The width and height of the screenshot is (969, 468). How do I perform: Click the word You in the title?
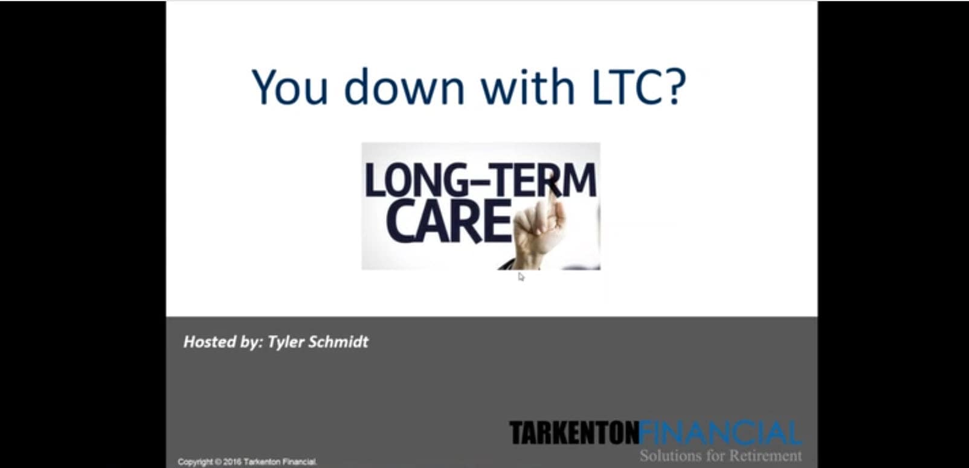coord(289,87)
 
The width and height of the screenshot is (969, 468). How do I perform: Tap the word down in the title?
coord(405,86)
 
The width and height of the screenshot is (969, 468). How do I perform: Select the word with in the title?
coord(528,86)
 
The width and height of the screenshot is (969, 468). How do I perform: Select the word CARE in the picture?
coord(449,221)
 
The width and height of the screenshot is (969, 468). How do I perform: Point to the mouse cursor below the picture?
coord(521,277)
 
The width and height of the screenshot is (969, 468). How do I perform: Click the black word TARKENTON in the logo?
coord(574,433)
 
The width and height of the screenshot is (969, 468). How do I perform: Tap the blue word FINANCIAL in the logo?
coord(720,433)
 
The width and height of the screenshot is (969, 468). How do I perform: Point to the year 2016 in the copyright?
coord(233,462)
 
